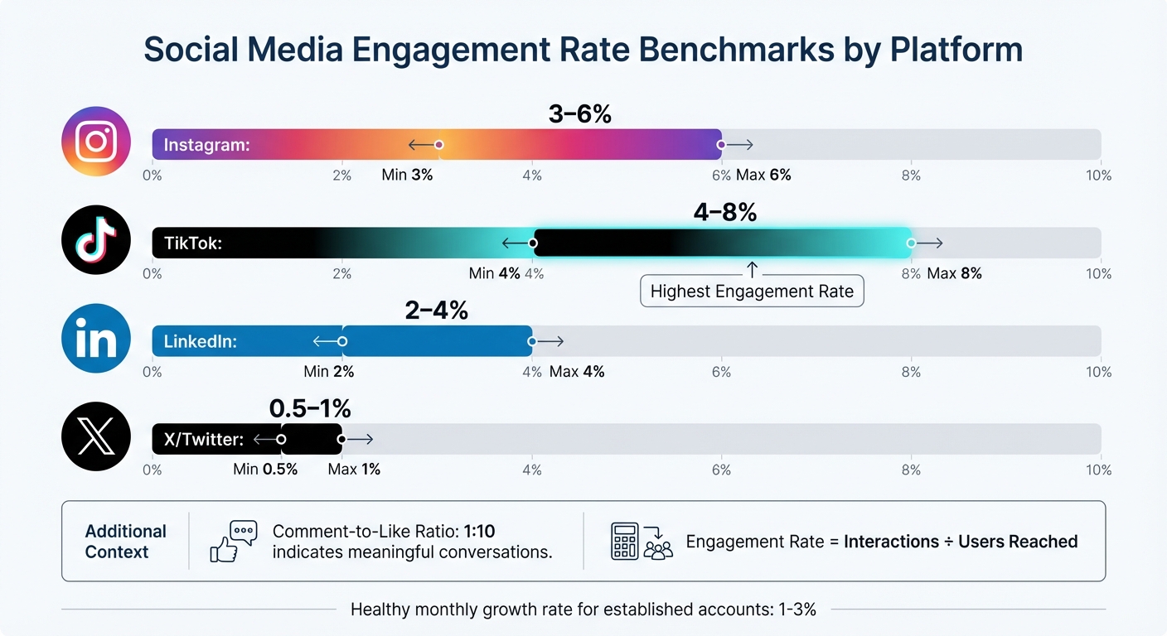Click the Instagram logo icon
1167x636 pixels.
pyautogui.click(x=96, y=142)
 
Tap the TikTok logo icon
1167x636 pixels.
pyautogui.click(x=96, y=240)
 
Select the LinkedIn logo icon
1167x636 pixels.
pyautogui.click(x=96, y=339)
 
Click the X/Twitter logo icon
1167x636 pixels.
pyautogui.click(x=96, y=437)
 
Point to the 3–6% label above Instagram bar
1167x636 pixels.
pyautogui.click(x=579, y=114)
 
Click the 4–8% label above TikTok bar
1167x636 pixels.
pyautogui.click(x=724, y=213)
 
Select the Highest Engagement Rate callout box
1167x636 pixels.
pyautogui.click(x=752, y=291)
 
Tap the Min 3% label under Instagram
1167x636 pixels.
pyautogui.click(x=407, y=176)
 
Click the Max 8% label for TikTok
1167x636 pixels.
pyautogui.click(x=954, y=274)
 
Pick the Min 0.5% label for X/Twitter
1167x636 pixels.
pyautogui.click(x=265, y=470)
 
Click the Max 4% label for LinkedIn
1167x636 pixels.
pyautogui.click(x=577, y=372)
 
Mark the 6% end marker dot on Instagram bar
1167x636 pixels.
pyautogui.click(x=721, y=145)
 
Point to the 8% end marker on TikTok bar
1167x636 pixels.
pyautogui.click(x=911, y=243)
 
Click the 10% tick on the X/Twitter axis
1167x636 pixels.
pyautogui.click(x=1099, y=470)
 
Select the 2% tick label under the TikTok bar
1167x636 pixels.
pyautogui.click(x=341, y=274)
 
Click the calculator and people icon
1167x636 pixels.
pyautogui.click(x=642, y=542)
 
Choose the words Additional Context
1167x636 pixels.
pyautogui.click(x=126, y=542)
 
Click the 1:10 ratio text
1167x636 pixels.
pyautogui.click(x=479, y=532)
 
